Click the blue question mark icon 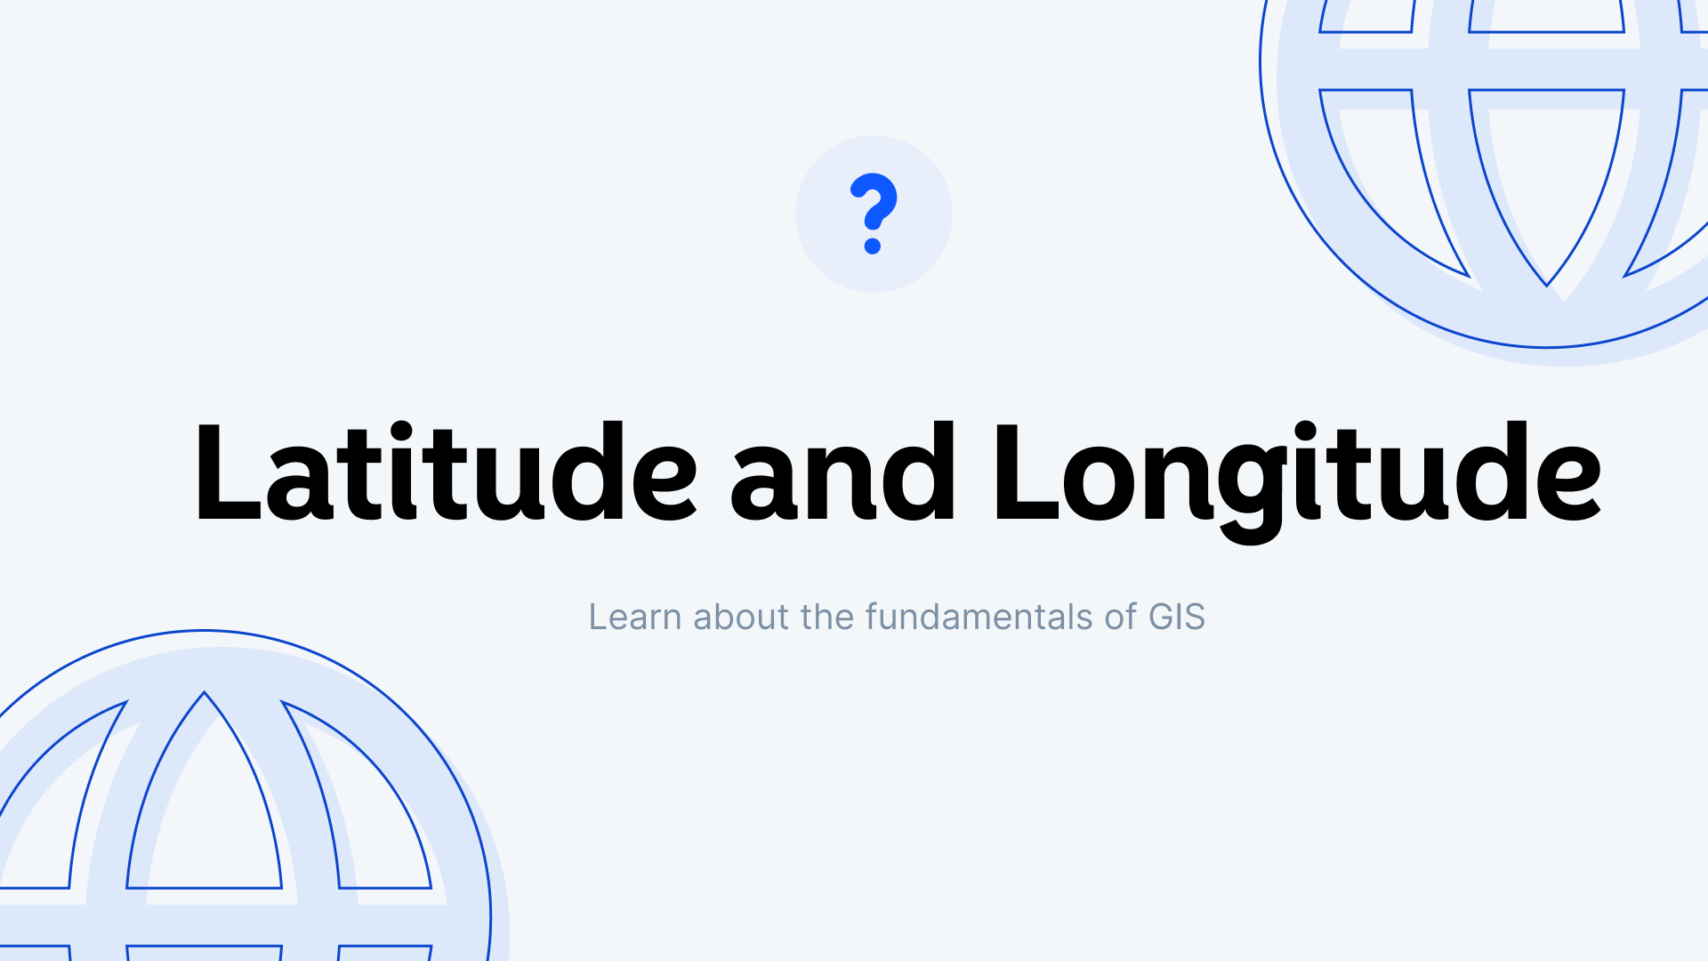pyautogui.click(x=873, y=214)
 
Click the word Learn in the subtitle pyautogui.click(x=634, y=617)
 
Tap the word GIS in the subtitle pyautogui.click(x=1176, y=617)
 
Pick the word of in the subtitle pyautogui.click(x=1120, y=617)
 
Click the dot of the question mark pyautogui.click(x=873, y=246)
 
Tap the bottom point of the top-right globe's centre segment pyautogui.click(x=1547, y=285)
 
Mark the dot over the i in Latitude pyautogui.click(x=401, y=432)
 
